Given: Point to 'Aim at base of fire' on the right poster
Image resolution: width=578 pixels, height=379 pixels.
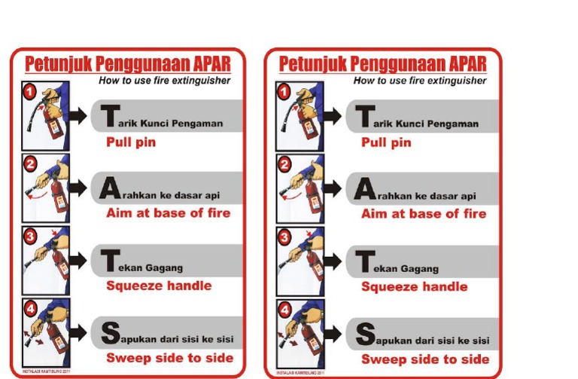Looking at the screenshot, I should tap(424, 214).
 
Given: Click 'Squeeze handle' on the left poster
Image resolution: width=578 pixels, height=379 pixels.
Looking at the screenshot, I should tap(159, 286).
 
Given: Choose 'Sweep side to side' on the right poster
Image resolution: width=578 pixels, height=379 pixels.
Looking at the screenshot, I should tap(425, 359).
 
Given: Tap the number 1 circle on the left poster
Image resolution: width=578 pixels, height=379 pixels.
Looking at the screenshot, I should tap(29, 91).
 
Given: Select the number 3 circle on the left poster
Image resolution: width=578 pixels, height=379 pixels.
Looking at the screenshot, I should tap(29, 237).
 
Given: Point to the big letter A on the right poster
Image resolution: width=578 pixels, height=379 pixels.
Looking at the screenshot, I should tap(364, 188).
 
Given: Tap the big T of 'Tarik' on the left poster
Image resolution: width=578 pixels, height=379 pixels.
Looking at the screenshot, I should tap(110, 116).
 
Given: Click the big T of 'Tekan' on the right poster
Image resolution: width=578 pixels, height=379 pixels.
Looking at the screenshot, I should tap(365, 261).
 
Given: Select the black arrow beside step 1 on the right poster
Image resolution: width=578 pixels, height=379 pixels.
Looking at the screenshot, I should tap(333, 115).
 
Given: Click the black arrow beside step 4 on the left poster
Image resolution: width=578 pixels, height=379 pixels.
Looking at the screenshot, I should tap(78, 332).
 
